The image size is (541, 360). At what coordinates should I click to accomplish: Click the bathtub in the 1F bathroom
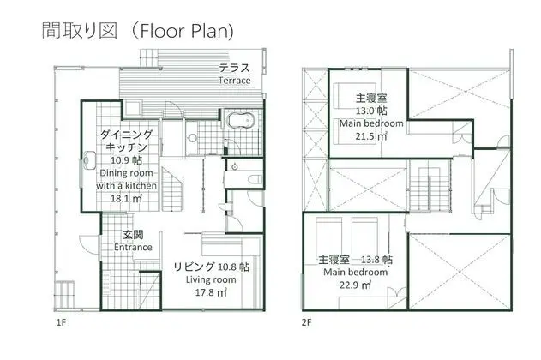[x=241, y=120]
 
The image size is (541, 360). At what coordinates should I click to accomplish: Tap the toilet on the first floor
[x=255, y=179]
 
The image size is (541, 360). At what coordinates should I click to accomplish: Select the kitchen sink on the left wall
[x=89, y=160]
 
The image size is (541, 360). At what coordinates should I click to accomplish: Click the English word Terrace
[x=234, y=81]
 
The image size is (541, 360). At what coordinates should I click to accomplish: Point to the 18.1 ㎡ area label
[x=126, y=198]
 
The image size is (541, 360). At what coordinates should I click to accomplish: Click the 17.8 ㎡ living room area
[x=211, y=292]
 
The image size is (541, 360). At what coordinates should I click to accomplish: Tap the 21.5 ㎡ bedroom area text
[x=371, y=136]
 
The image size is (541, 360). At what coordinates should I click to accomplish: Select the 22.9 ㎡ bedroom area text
[x=355, y=285]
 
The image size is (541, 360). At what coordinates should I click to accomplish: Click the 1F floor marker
[x=61, y=323]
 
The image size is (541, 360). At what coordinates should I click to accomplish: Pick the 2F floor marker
[x=306, y=323]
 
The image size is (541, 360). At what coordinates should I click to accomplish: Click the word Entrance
[x=133, y=247]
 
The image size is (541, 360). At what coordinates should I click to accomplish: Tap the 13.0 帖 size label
[x=371, y=111]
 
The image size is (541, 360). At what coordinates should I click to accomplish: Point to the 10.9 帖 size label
[x=126, y=160]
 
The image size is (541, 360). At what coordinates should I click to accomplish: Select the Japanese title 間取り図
[x=80, y=30]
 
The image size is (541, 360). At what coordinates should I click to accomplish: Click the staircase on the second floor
[x=430, y=188]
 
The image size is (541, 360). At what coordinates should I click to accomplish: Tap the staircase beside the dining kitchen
[x=172, y=189]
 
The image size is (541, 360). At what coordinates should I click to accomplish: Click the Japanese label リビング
[x=194, y=267]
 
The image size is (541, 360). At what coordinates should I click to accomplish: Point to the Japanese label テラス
[x=235, y=68]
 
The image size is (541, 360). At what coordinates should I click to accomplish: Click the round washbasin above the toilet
[x=235, y=167]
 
